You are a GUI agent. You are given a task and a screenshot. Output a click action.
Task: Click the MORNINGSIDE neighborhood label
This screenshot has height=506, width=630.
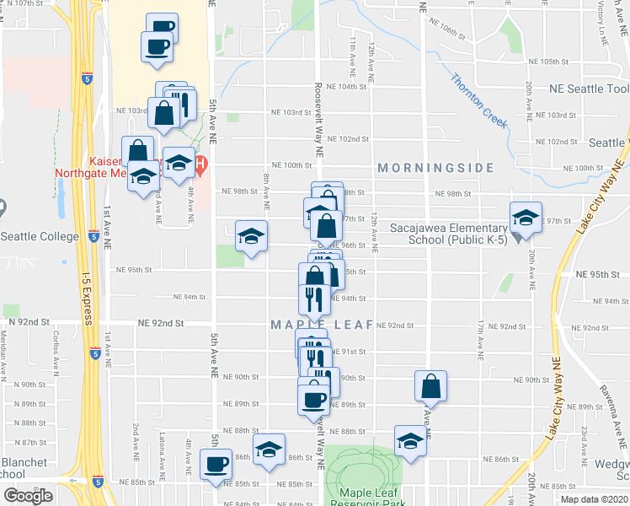pos(435,168)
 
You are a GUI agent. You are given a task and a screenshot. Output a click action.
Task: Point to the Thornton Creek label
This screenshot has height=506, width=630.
pos(478,100)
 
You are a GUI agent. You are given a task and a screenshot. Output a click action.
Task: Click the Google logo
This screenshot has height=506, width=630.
pos(28,496)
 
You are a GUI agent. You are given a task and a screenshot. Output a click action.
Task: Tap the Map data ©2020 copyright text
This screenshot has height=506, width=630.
pos(593,499)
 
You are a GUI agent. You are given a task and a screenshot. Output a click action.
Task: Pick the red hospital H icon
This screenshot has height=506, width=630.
pos(200,164)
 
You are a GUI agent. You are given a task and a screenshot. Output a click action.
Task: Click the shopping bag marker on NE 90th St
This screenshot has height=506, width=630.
pos(430,387)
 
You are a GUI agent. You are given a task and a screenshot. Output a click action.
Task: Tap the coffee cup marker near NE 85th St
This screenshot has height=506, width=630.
pos(216,464)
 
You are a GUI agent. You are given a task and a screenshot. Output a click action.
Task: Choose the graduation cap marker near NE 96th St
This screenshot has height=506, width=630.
pos(250,238)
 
